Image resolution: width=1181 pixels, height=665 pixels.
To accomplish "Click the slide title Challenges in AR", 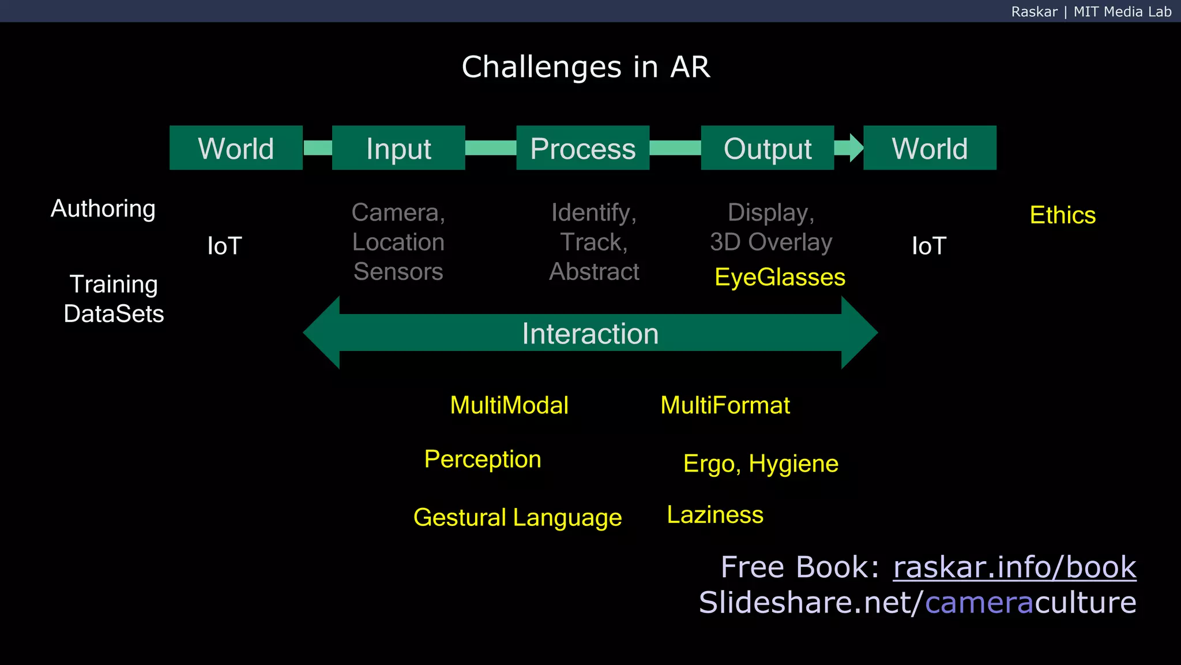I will [x=586, y=67].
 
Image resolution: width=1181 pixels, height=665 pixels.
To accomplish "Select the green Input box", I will [x=398, y=148].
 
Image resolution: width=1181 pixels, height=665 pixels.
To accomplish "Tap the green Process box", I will [x=582, y=148].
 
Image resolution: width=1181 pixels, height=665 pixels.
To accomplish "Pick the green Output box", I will [x=767, y=148].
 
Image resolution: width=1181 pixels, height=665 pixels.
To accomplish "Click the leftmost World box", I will [x=236, y=148].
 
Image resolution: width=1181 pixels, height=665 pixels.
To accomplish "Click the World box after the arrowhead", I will [x=930, y=148].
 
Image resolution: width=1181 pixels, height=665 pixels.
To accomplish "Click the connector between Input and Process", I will [x=490, y=148].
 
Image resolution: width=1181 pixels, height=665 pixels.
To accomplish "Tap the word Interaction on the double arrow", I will [x=590, y=334].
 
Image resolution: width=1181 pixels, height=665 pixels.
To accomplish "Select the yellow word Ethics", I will [x=1062, y=215].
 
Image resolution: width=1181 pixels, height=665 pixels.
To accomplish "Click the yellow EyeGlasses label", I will [x=780, y=278].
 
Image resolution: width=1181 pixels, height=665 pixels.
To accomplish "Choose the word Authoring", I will [x=103, y=209].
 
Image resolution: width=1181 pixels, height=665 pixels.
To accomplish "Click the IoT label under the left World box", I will [x=224, y=246].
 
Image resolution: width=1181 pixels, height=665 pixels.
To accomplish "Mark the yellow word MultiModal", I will [x=509, y=405].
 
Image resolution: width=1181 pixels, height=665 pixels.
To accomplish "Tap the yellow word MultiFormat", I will [x=725, y=405].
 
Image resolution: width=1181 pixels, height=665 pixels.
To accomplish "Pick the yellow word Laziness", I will [x=715, y=515].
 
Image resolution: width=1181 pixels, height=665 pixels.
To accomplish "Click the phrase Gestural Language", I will [x=517, y=518].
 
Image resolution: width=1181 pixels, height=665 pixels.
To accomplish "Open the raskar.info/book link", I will [x=1014, y=567].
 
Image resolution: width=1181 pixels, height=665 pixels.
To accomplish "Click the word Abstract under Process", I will [x=594, y=272].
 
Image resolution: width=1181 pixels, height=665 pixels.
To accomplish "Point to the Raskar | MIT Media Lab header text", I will [x=1091, y=12].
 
